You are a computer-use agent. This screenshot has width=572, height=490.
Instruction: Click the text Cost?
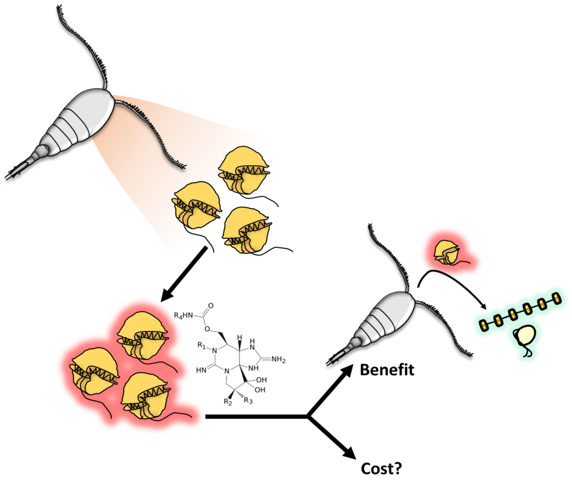pyautogui.click(x=381, y=468)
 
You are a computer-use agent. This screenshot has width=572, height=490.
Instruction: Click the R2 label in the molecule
pyautogui.click(x=228, y=402)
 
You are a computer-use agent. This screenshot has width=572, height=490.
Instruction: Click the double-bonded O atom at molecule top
pyautogui.click(x=211, y=306)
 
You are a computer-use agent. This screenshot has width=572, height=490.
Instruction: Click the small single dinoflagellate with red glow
pyautogui.click(x=446, y=252)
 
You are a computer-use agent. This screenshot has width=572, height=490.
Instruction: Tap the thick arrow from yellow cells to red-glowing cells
pyautogui.click(x=185, y=273)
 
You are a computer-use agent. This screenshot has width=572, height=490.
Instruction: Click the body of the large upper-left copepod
pyautogui.click(x=83, y=119)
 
